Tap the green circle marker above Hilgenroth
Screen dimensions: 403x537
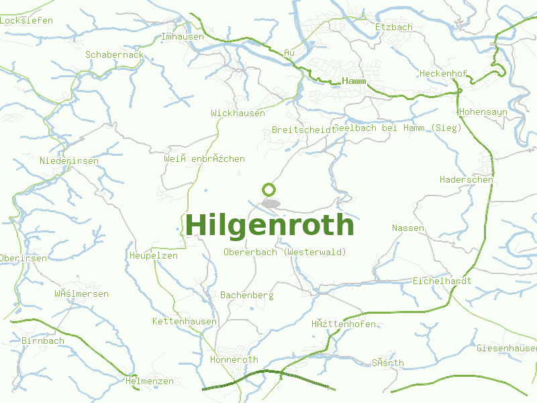(269, 189)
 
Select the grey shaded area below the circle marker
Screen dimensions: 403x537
(271, 203)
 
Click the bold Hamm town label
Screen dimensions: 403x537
(354, 81)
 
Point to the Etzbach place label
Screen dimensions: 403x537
(394, 28)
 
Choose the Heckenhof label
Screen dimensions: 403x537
(443, 73)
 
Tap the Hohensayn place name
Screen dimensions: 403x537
(483, 111)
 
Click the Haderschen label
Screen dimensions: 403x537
(467, 180)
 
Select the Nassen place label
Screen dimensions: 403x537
(408, 228)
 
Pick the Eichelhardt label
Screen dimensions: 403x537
(442, 281)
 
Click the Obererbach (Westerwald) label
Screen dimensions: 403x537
(285, 252)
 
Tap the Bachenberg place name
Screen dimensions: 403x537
(247, 296)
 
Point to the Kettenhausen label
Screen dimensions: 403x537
(185, 322)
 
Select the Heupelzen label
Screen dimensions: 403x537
(154, 256)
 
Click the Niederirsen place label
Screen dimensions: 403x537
(69, 161)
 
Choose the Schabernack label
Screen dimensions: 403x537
(115, 54)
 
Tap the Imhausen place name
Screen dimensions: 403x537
(183, 37)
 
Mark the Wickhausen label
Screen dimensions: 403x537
(238, 114)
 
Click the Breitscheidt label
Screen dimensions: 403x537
(303, 130)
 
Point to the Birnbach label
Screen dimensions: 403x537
(43, 341)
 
